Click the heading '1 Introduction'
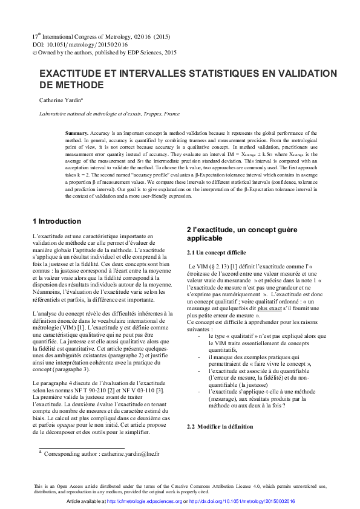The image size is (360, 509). (56, 221)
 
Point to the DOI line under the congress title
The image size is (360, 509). (73, 45)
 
